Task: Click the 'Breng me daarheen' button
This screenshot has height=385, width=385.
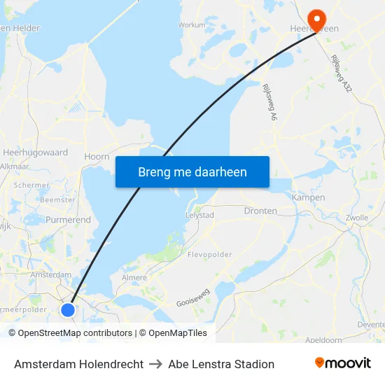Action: tap(192, 171)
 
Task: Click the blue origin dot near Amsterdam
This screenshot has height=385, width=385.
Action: tap(68, 309)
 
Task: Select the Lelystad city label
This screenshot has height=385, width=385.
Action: tap(199, 215)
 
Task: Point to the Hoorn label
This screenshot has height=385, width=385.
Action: tap(97, 157)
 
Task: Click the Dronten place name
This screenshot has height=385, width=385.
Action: tap(260, 211)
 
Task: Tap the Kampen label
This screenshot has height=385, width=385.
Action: tap(308, 197)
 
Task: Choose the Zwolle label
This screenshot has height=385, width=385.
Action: tap(357, 218)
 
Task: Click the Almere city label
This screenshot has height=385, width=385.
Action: tap(134, 278)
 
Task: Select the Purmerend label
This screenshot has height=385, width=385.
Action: tap(68, 220)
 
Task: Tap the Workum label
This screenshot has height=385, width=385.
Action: tap(192, 24)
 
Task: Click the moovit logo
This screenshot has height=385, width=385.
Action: tap(343, 363)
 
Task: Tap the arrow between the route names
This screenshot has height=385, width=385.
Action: tap(156, 364)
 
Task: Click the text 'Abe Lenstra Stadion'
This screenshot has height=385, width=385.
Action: tap(221, 364)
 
